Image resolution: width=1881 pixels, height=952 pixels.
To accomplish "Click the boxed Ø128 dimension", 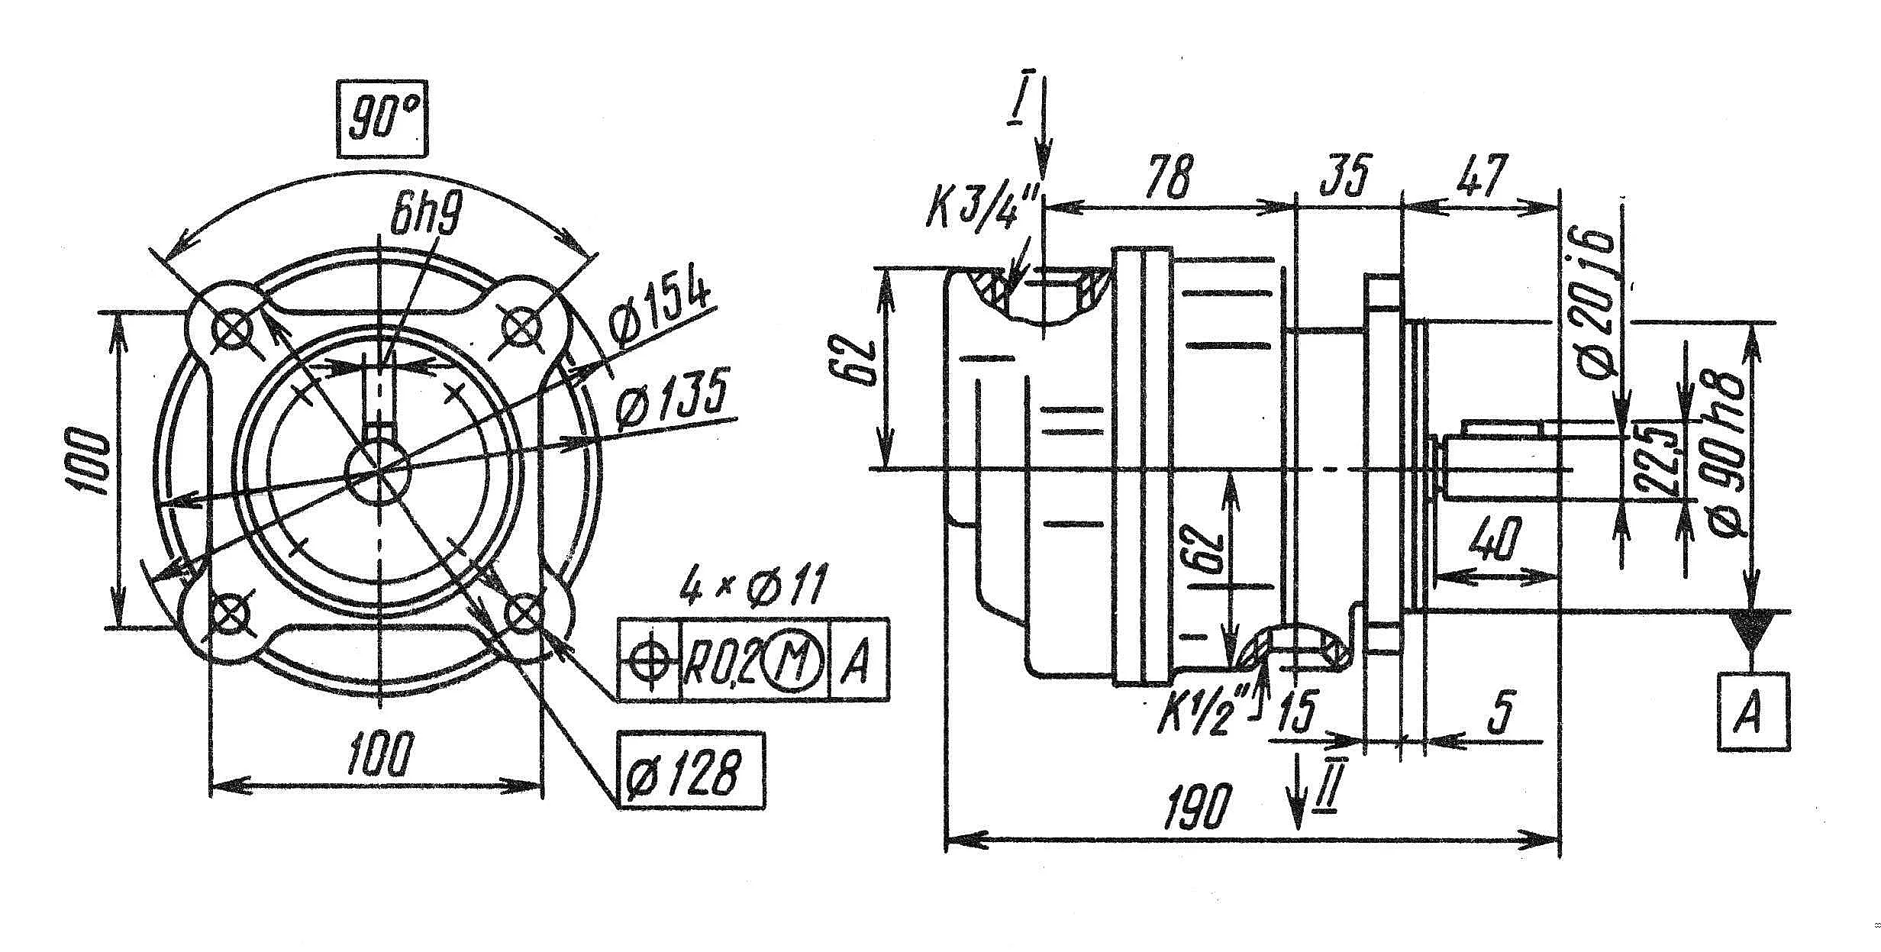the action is [x=691, y=770].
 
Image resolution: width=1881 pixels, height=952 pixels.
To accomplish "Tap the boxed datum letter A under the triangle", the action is [x=1754, y=712].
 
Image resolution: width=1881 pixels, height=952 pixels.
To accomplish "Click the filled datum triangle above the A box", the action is [x=1753, y=630].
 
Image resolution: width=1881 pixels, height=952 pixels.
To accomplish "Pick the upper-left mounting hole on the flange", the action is [x=232, y=331].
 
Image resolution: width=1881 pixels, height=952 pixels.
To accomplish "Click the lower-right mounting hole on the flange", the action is [x=525, y=612].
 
